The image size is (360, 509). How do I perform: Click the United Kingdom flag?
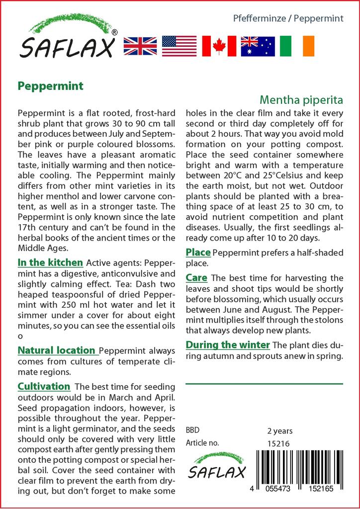point(140,46)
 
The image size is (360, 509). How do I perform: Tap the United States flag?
point(180,46)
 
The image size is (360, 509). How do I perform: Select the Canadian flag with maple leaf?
point(219,46)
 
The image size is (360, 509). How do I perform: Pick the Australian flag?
point(258,46)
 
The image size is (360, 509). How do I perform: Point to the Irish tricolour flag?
point(297,46)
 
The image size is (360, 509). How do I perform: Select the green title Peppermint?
point(50,85)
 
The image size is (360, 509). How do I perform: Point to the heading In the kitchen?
point(50,262)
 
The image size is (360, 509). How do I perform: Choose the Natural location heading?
point(56,350)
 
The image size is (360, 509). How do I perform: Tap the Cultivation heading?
point(44,386)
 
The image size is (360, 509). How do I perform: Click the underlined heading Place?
point(198,253)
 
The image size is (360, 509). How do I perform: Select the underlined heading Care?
point(196,277)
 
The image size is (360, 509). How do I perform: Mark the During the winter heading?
point(228,344)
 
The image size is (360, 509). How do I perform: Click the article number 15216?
point(278,443)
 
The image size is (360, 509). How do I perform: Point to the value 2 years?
point(280,430)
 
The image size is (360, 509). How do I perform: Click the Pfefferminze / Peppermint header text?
point(288,19)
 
